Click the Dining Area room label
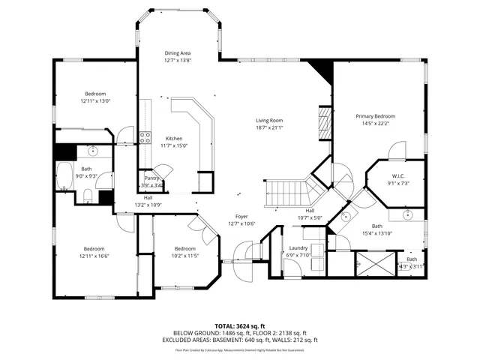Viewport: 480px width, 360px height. click(178, 53)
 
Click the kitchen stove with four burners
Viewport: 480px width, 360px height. click(144, 137)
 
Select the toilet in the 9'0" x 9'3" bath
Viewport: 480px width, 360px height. click(88, 197)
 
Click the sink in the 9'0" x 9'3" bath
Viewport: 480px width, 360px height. click(91, 151)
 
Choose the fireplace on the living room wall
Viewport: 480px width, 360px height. click(324, 119)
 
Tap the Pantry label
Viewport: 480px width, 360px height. click(151, 178)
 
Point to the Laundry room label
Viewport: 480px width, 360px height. click(298, 247)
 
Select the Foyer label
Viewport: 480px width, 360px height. click(241, 216)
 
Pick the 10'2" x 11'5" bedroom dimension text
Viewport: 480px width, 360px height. click(185, 256)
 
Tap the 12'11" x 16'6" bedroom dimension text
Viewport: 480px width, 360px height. click(94, 256)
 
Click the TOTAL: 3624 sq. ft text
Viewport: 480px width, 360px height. click(239, 325)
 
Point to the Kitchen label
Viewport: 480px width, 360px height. click(174, 139)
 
